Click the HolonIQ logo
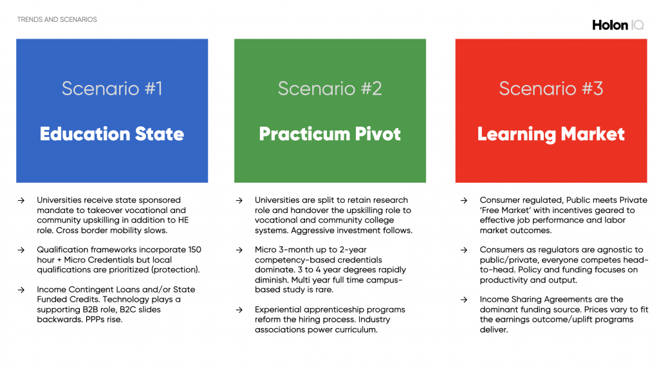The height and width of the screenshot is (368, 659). (618, 25)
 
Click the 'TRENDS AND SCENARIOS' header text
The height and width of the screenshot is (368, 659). (57, 20)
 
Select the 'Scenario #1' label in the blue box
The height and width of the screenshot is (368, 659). (112, 89)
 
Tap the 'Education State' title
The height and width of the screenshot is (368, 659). (112, 134)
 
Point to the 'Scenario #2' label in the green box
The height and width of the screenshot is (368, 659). (330, 89)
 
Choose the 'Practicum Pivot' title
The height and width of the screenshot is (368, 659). (330, 134)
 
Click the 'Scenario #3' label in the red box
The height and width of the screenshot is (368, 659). (551, 89)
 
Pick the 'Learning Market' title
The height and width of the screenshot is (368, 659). (551, 134)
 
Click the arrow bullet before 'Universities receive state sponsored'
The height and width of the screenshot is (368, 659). (21, 200)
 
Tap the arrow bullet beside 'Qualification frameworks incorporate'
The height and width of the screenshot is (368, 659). (21, 250)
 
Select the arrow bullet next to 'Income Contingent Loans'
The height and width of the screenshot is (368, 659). (21, 290)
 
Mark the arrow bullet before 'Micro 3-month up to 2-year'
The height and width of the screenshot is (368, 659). (239, 250)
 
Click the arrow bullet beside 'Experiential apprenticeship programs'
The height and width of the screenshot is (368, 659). (239, 309)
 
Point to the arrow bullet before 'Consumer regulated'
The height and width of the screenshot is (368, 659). (464, 200)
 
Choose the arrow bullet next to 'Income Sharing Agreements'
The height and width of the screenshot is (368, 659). (464, 300)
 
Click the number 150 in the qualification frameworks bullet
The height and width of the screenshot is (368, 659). (194, 250)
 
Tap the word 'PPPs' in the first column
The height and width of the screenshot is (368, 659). (96, 319)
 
